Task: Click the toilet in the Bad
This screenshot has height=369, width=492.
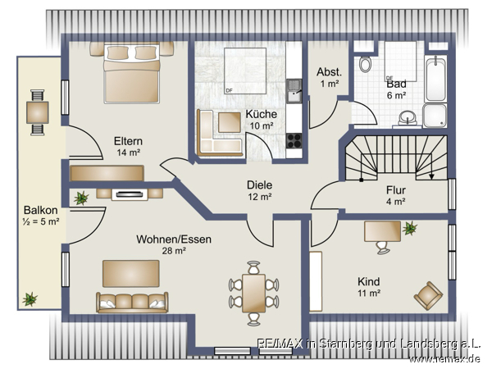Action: point(365,64)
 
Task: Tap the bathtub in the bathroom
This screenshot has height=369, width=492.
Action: point(436,79)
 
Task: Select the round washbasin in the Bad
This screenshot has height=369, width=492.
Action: point(408,118)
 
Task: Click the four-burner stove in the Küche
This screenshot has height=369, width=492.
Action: point(294,140)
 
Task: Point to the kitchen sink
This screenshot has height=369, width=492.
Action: point(294,91)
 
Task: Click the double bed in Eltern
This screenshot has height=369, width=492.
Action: point(132,73)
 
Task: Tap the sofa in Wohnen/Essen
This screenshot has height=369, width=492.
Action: point(132,303)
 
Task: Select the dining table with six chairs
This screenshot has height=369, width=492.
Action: point(254,293)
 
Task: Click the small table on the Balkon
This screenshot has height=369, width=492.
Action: point(38,112)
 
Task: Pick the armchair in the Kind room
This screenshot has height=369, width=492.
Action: point(428,295)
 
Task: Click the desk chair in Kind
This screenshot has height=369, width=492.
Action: point(383,248)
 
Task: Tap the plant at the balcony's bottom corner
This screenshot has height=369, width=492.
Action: point(30,299)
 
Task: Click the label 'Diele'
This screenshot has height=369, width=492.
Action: point(259,184)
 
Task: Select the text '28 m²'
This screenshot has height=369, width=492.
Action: point(174,251)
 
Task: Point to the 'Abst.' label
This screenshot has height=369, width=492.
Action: point(329,72)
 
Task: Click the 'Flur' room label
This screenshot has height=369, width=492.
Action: point(396,190)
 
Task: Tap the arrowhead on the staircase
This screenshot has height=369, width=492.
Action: point(432,176)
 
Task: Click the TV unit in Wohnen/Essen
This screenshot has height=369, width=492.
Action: point(130,194)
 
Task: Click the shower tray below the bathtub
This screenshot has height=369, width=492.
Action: point(435,116)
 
